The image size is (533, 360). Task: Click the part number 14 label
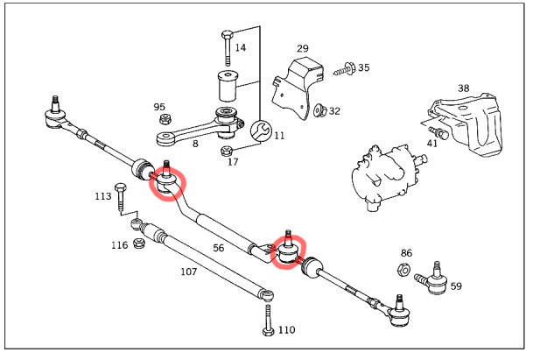click(241, 47)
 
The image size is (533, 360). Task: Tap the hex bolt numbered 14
click(228, 47)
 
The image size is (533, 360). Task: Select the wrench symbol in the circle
click(261, 131)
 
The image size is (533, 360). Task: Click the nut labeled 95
click(165, 119)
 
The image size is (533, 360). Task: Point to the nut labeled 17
click(226, 151)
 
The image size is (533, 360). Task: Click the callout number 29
click(303, 48)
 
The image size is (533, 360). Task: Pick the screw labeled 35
click(344, 69)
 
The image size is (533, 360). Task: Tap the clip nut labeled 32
click(319, 109)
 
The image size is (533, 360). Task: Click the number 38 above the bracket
click(463, 88)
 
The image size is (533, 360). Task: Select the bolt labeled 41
click(438, 132)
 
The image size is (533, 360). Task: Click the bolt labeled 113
click(121, 198)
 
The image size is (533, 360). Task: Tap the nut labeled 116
click(138, 244)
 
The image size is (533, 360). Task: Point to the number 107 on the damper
click(188, 272)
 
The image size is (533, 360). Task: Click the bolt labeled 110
click(268, 320)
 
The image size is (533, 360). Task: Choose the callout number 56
click(219, 248)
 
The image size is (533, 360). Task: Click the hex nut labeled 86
click(403, 270)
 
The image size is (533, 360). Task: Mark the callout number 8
click(195, 144)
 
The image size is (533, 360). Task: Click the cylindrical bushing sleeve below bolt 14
click(228, 86)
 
